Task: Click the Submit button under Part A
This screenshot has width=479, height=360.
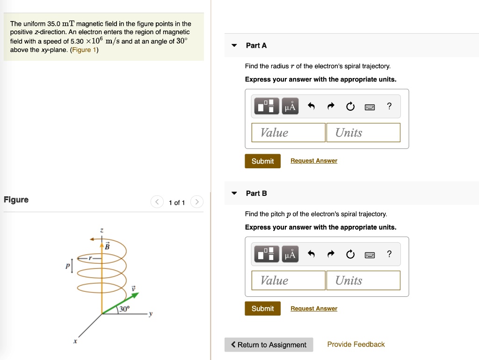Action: pos(262,161)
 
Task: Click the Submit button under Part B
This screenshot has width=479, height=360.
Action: pos(262,309)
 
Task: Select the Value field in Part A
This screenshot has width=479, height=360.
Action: pos(288,133)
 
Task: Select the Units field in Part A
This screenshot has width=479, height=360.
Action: pos(363,133)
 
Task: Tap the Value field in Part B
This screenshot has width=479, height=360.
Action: pos(288,281)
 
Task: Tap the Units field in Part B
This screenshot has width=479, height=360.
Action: pos(363,281)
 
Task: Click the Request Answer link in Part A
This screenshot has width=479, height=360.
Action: pos(313,161)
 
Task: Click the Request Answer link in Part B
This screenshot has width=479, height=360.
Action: pos(313,309)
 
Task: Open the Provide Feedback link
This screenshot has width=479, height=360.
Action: pos(356,345)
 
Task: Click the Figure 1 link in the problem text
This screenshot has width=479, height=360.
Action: pos(84,50)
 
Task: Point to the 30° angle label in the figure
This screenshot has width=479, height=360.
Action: pos(124,309)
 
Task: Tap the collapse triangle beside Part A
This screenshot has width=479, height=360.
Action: pos(234,45)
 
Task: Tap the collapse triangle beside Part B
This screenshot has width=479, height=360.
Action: pos(234,193)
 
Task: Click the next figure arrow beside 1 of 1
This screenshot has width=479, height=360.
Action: pos(197,202)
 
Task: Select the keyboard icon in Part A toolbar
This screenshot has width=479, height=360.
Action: pos(370,107)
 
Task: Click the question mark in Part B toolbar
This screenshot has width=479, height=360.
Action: pos(389,254)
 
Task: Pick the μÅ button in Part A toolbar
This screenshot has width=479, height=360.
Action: pos(290,107)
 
